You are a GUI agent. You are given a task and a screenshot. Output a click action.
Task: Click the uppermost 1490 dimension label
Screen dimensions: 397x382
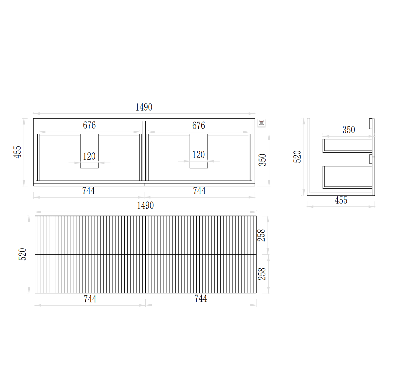tap(144, 107)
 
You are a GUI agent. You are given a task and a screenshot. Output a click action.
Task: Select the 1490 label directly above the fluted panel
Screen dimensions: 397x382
tap(145, 206)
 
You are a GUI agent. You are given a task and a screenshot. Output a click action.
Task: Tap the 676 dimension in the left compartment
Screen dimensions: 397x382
tap(89, 125)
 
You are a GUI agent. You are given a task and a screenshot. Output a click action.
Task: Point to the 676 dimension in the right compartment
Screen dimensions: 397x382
tap(199, 125)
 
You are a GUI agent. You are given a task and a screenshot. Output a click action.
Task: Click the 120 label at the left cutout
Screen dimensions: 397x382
tap(89, 156)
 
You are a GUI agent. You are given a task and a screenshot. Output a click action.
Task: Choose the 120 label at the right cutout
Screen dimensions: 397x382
tap(198, 155)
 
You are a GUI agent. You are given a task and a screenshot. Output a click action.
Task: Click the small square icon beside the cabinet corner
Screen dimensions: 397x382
tap(261, 123)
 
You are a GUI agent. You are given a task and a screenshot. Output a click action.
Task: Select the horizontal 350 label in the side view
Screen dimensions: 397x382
tap(349, 130)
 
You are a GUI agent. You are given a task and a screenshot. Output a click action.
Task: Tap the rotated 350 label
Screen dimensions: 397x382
tap(262, 160)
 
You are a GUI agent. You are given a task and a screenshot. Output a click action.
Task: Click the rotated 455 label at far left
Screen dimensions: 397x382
tap(17, 152)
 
